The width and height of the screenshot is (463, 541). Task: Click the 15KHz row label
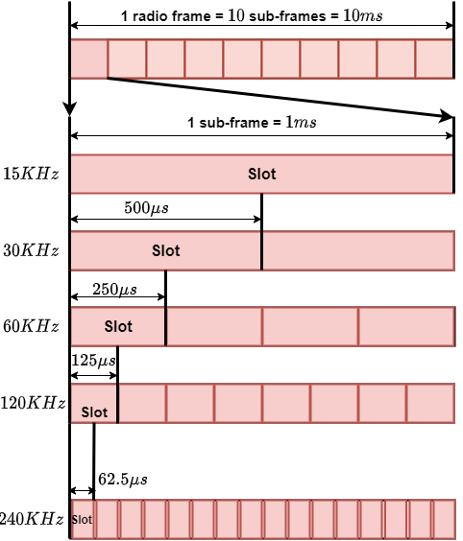31,174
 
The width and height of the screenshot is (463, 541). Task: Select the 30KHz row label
31,249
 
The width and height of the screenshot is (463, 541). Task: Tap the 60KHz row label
31,326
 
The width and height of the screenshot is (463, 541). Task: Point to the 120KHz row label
33,402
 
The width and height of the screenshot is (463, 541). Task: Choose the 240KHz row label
32,518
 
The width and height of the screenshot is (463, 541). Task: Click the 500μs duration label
147,208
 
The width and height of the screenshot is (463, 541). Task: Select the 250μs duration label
114,289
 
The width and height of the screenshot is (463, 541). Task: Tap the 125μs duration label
93,361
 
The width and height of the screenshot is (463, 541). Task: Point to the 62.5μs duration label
123,480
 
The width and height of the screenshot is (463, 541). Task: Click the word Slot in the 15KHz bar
262,174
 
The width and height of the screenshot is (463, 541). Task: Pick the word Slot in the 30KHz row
166,250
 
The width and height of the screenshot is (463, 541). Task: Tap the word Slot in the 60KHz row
118,326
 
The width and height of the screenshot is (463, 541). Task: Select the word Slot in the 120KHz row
94,412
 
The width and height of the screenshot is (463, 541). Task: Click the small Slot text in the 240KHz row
82,520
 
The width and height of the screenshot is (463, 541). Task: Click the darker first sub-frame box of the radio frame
88,59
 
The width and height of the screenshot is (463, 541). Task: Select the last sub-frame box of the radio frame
434,59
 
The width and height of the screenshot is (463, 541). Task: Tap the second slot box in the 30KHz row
358,250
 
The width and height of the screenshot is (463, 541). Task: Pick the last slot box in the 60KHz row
406,326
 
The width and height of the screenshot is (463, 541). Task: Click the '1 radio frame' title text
252,16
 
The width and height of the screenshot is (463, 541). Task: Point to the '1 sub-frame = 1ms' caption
252,123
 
